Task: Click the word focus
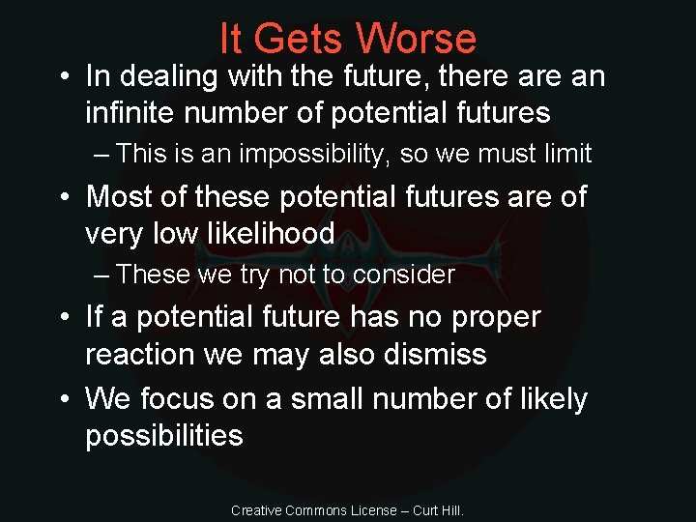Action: coord(184,398)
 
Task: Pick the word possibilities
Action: coord(163,436)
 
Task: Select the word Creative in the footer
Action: coord(255,510)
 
